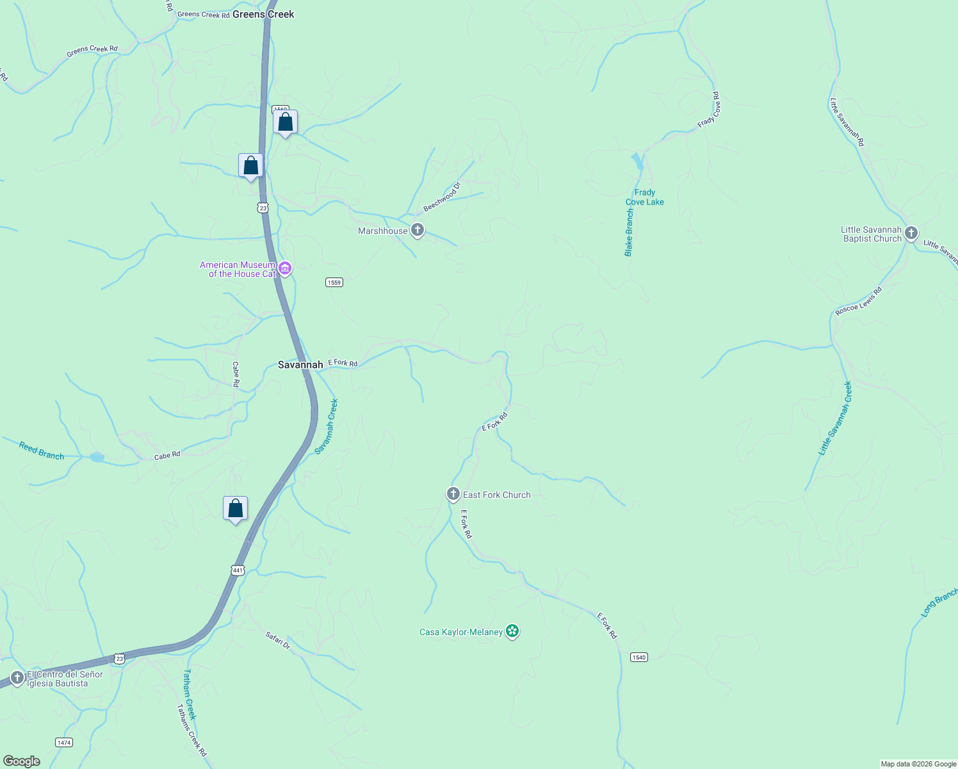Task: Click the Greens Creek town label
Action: [263, 14]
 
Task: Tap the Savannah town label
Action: [300, 365]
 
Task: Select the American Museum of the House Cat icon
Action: [285, 269]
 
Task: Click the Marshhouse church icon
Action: [418, 230]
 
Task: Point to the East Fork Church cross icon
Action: [453, 494]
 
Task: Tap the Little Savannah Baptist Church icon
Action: [911, 233]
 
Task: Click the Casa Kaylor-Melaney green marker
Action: [512, 631]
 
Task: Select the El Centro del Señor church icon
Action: [17, 677]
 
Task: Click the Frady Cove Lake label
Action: [644, 197]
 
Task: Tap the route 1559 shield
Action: [334, 283]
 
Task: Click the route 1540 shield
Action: [638, 657]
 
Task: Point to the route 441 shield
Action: [238, 570]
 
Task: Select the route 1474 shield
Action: [64, 743]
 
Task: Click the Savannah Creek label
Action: [327, 427]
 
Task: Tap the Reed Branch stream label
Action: [42, 451]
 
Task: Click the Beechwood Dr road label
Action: [442, 197]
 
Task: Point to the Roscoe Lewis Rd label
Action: [859, 301]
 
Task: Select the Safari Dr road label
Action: [278, 640]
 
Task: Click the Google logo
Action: [22, 761]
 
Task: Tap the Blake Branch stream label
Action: [629, 233]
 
